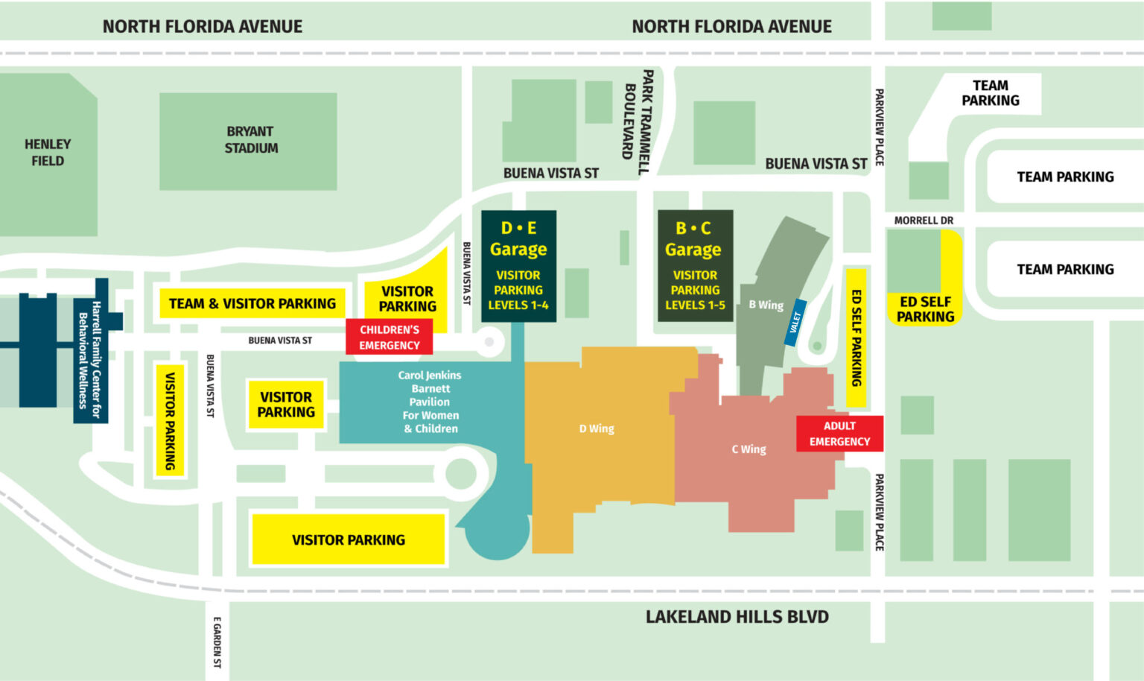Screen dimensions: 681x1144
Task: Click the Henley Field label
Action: pos(48,153)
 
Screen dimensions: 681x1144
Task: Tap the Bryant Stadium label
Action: pos(251,140)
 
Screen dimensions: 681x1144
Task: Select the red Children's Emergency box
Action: pos(389,338)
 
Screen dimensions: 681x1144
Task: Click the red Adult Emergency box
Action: pos(839,434)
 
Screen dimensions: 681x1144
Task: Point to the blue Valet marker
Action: pos(795,323)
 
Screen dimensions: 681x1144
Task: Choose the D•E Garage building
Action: pos(518,265)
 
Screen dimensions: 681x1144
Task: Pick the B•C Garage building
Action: pos(695,265)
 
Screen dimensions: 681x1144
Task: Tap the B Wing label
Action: pos(766,305)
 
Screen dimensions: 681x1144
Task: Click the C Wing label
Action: pos(749,449)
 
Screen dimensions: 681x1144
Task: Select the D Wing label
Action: pos(597,428)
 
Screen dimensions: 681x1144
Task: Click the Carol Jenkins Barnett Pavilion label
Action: pos(430,402)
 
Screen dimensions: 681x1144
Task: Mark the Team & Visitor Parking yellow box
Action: pos(252,304)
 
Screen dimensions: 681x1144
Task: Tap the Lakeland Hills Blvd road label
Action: pos(737,617)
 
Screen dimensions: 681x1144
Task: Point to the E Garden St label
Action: pos(217,642)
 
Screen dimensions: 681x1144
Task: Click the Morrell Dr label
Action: pos(924,221)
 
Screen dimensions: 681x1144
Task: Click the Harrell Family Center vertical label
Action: pos(90,360)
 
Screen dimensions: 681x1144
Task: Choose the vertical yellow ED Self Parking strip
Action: pos(856,338)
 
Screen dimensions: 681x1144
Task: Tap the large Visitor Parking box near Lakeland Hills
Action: pos(349,540)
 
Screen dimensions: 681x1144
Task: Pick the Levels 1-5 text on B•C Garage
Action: pos(695,305)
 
